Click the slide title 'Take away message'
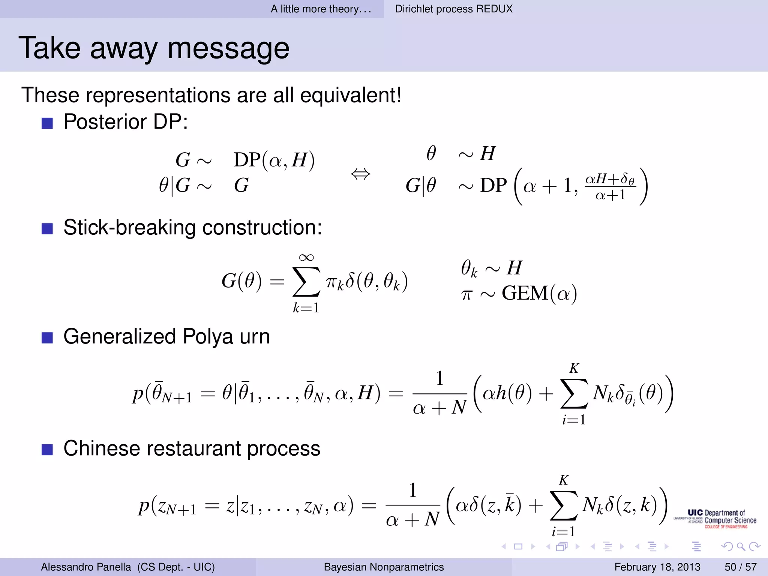click(x=154, y=48)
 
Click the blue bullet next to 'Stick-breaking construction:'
click(x=47, y=229)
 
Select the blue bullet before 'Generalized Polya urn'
click(x=47, y=338)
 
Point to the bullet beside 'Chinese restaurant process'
click(x=47, y=450)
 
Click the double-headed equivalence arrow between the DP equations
click(x=360, y=174)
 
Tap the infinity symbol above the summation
click(x=306, y=257)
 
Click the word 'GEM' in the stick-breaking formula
click(x=525, y=293)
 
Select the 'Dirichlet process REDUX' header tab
click(x=453, y=9)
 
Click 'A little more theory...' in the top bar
click(x=321, y=9)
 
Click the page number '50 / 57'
click(x=740, y=567)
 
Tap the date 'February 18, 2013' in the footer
click(x=657, y=567)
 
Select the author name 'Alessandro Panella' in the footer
click(x=86, y=567)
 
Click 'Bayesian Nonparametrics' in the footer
click(x=384, y=567)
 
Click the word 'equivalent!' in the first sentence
click(x=351, y=95)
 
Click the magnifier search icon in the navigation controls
click(x=741, y=547)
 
